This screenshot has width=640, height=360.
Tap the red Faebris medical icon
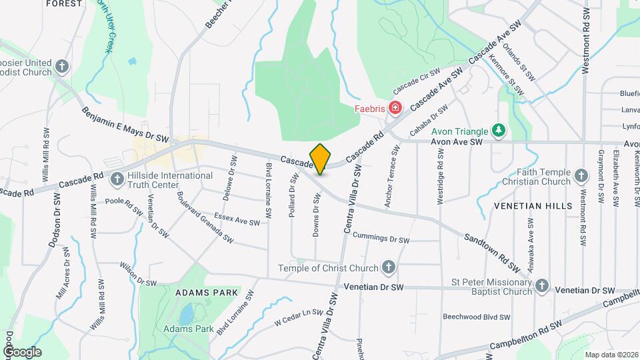[x=395, y=107]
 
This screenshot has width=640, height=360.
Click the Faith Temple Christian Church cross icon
[x=581, y=177]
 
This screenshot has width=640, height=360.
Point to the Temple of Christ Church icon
[x=389, y=268]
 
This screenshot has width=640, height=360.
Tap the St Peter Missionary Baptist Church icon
[x=542, y=286]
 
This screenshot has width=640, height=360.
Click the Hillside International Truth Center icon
[x=117, y=179]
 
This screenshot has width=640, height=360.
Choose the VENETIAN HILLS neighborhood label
[x=533, y=207]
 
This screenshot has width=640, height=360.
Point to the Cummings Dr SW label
[x=380, y=238]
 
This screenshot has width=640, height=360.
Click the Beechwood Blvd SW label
[x=477, y=317]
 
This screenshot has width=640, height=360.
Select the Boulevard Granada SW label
[x=205, y=217]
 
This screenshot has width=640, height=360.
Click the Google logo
[x=22, y=352]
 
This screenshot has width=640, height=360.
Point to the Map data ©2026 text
[x=611, y=355]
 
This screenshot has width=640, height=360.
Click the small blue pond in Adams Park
[x=187, y=312]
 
